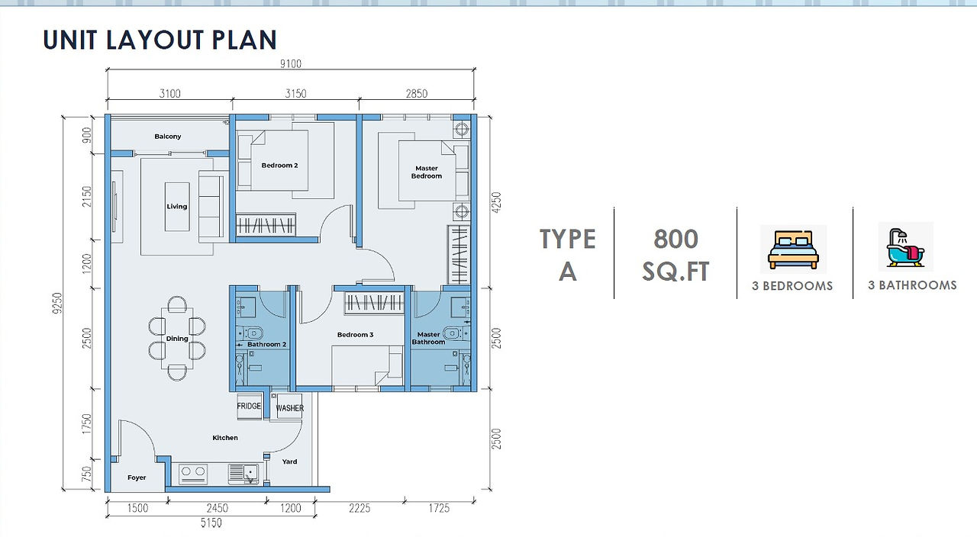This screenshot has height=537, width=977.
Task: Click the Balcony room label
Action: pyautogui.click(x=167, y=137)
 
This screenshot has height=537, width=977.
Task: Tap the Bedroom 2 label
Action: pyautogui.click(x=279, y=166)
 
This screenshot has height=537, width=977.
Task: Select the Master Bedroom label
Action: pyautogui.click(x=427, y=172)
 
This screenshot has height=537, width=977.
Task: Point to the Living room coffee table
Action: pyautogui.click(x=177, y=207)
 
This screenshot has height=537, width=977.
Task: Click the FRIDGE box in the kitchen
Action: pyautogui.click(x=249, y=407)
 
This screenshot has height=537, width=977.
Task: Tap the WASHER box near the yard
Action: pyautogui.click(x=289, y=408)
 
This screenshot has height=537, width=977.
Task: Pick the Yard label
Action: pyautogui.click(x=289, y=461)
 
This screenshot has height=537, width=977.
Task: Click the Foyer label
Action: pyautogui.click(x=137, y=478)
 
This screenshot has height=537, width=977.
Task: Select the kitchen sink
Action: pyautogui.click(x=243, y=474)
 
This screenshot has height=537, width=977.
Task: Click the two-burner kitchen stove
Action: pyautogui.click(x=193, y=474)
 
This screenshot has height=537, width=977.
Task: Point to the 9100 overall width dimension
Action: pyautogui.click(x=291, y=64)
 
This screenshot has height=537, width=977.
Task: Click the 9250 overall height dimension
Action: pyautogui.click(x=57, y=303)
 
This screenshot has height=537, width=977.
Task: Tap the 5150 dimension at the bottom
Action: pyautogui.click(x=211, y=523)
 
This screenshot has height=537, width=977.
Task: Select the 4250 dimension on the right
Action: pyautogui.click(x=496, y=203)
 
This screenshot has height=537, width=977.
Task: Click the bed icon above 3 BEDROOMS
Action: pyautogui.click(x=793, y=249)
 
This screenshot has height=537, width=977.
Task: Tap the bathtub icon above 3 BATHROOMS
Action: pyautogui.click(x=905, y=247)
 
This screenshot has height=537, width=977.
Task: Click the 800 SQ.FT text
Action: pyautogui.click(x=676, y=255)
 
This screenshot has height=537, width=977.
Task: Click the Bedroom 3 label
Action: pyautogui.click(x=355, y=335)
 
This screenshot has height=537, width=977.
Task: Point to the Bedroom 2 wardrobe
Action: pyautogui.click(x=266, y=225)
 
